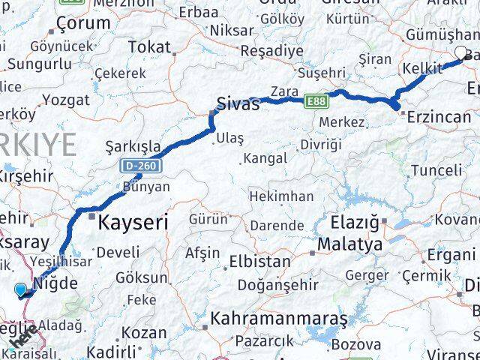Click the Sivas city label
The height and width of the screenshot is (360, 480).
point(238,104)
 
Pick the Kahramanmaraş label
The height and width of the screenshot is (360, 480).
point(279,319)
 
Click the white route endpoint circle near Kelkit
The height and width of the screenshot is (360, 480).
point(460,52)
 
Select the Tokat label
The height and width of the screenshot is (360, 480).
point(149,46)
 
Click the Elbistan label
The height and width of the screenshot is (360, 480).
point(262,262)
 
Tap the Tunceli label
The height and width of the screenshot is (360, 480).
point(436,170)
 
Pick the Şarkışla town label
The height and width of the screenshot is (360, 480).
point(133,145)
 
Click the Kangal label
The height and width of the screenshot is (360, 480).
point(265,158)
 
